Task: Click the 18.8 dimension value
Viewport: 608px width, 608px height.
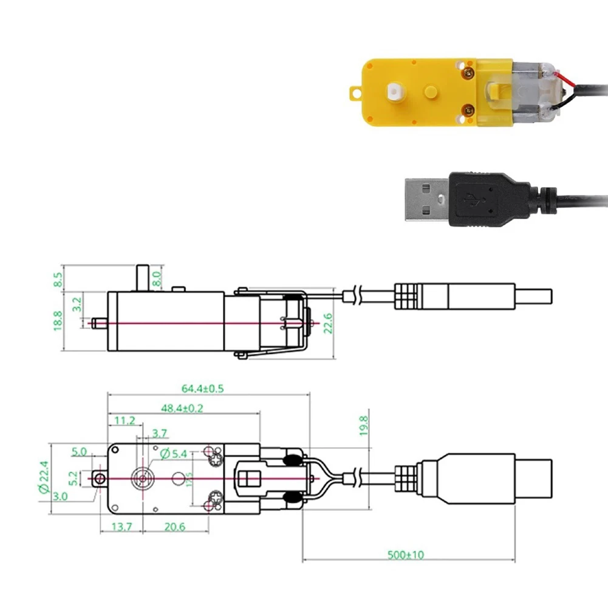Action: click(x=58, y=321)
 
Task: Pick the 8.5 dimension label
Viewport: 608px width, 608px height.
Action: click(x=58, y=280)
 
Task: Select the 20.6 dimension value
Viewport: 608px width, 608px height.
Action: click(x=174, y=527)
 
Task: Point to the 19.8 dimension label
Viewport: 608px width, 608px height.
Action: click(x=363, y=425)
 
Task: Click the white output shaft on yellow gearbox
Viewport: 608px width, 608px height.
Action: click(x=394, y=92)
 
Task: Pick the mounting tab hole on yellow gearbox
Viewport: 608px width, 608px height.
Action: click(x=354, y=93)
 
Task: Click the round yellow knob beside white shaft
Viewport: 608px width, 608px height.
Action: click(x=430, y=92)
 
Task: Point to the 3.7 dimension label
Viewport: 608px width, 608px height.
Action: click(x=160, y=433)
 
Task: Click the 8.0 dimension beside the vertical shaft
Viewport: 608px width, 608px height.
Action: click(x=157, y=279)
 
